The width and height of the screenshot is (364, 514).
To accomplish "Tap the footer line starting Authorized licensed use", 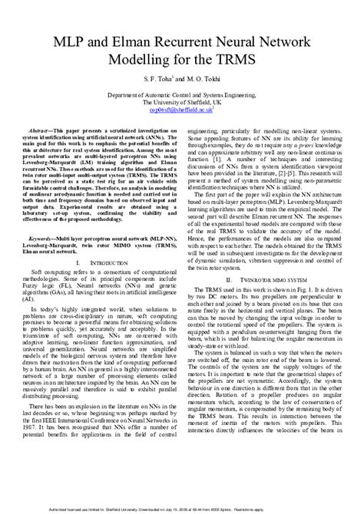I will tap(181, 507).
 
